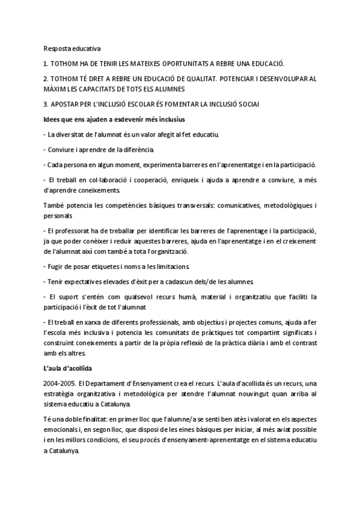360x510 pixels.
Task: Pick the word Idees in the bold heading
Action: click(x=53, y=119)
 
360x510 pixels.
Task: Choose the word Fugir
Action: click(x=56, y=266)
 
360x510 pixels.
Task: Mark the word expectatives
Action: click(x=86, y=281)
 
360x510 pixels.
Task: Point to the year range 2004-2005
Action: click(x=59, y=383)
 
